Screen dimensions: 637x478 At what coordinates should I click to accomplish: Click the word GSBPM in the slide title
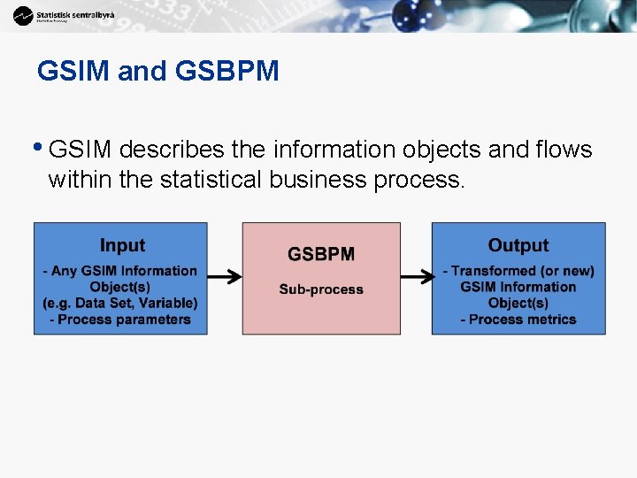[x=227, y=71]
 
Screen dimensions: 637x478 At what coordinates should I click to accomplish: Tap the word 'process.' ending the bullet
[x=419, y=180]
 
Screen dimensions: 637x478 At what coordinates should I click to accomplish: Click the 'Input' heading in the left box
[x=122, y=245]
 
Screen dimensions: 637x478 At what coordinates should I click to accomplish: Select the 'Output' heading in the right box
[x=518, y=245]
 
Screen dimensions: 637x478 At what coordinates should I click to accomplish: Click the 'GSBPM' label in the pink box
[x=321, y=254]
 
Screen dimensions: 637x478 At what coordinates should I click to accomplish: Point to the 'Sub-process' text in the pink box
[x=321, y=289]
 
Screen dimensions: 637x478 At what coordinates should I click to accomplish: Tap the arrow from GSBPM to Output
[x=416, y=277]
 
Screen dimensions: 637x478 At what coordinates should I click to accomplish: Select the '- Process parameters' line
[x=120, y=319]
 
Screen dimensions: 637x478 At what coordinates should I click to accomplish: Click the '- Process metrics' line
[x=518, y=319]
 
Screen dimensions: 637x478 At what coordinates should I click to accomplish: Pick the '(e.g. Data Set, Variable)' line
[x=120, y=303]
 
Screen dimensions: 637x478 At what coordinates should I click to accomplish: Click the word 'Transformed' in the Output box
[x=499, y=271]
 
